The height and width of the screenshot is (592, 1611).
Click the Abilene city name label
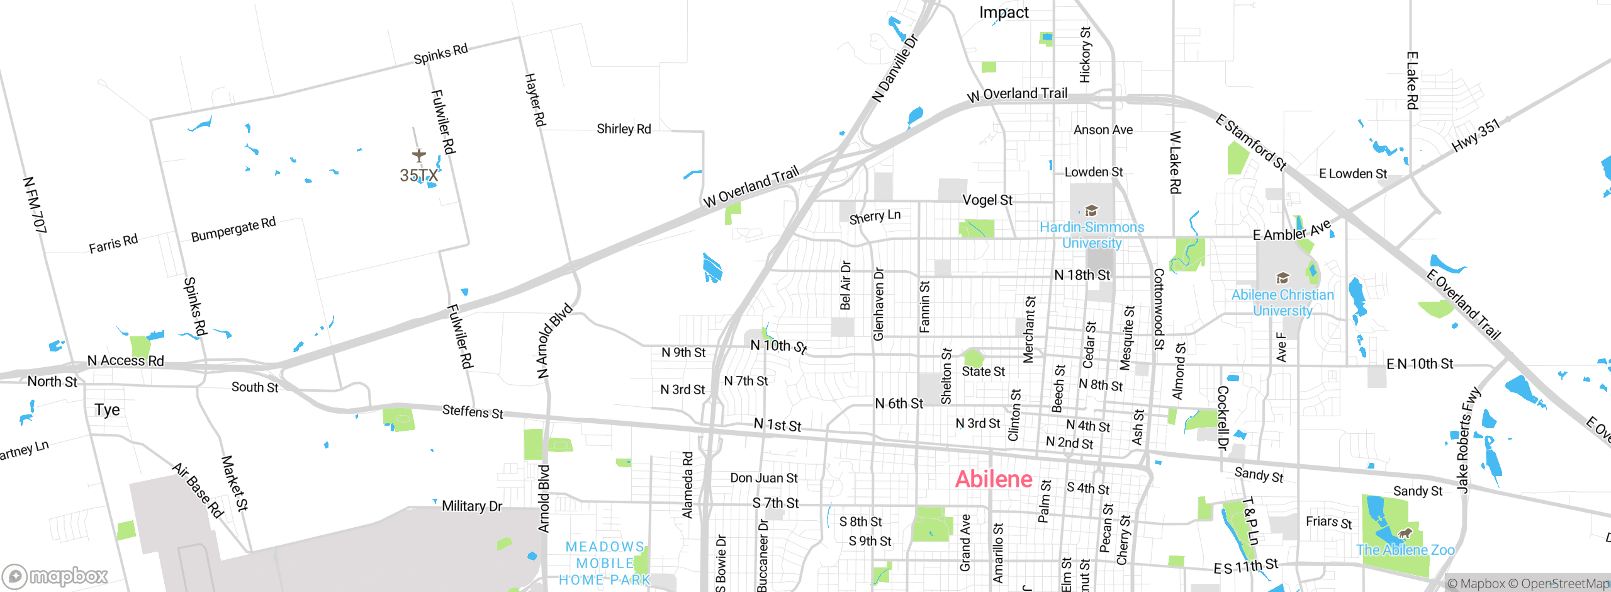pos(994,479)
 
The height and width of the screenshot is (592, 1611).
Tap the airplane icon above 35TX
pos(419,154)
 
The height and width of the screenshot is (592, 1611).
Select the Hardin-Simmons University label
pos(1091,235)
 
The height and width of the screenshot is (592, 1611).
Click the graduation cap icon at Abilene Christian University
pos(1282,278)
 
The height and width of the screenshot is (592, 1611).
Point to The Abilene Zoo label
pos(1405,550)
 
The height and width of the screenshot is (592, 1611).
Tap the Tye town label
pos(107,410)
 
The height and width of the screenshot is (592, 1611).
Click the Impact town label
pos(1003,13)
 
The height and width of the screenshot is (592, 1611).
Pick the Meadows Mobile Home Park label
pos(604,563)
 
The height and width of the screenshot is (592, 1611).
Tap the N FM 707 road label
pos(35,205)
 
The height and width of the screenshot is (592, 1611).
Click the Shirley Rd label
pos(623,129)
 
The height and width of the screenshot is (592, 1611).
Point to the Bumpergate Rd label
pos(233,230)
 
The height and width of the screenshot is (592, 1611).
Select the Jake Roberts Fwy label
pos(1468,440)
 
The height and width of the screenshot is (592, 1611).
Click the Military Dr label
pos(471,506)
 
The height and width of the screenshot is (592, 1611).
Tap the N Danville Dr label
pos(895,68)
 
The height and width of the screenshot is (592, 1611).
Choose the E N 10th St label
pos(1420,364)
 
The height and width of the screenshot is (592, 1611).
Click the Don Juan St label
pos(763,478)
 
